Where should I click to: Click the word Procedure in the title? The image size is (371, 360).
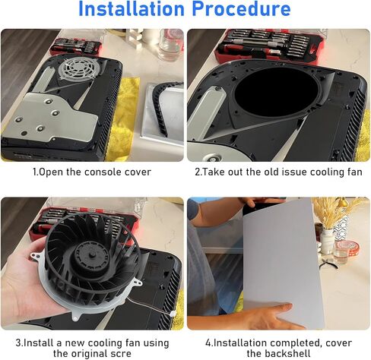[x=244, y=10]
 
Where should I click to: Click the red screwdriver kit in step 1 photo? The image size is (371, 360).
[x=76, y=45]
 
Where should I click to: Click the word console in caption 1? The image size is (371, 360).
[x=94, y=172]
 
